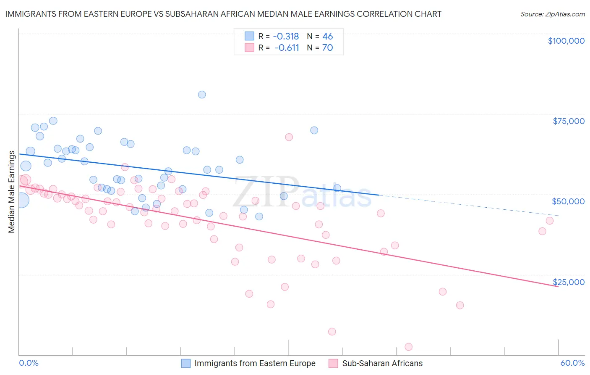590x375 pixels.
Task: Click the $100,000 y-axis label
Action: tap(566, 41)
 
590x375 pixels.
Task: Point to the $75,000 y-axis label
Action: tap(569, 121)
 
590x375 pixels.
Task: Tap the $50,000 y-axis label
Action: tap(568, 201)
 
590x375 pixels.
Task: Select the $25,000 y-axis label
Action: tap(569, 282)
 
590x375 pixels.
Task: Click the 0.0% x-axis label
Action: tap(29, 363)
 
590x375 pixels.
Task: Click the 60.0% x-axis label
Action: tap(572, 363)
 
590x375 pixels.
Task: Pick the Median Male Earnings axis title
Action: tap(12, 192)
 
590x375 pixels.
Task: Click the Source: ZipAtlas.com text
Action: tap(552, 14)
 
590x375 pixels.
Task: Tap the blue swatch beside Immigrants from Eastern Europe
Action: tap(186, 363)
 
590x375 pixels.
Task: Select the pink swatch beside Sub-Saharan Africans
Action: tap(334, 363)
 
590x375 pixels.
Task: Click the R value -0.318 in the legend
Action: tap(286, 37)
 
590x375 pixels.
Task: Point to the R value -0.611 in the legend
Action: tap(287, 48)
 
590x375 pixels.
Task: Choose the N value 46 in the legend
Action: tap(328, 37)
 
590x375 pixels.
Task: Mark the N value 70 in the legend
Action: tap(328, 48)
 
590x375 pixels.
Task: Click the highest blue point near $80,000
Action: tap(202, 95)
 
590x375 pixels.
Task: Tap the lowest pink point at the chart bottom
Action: tap(409, 347)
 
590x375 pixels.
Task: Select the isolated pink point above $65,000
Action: tap(289, 137)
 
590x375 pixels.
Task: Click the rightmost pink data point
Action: tap(550, 221)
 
